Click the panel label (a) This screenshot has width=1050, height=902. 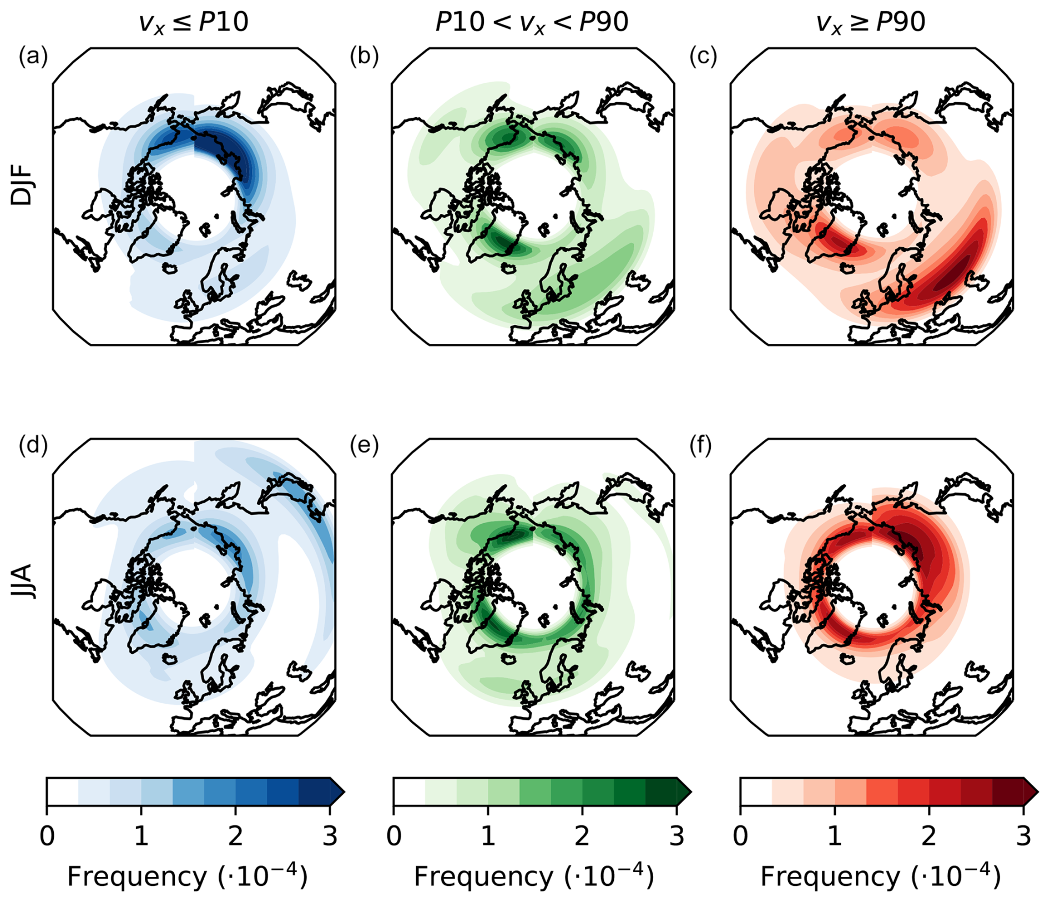[x=33, y=57]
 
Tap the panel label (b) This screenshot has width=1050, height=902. [x=364, y=57]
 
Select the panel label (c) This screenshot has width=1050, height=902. [x=703, y=57]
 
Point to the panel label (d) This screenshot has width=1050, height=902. [x=33, y=446]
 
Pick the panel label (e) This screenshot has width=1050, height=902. [x=364, y=446]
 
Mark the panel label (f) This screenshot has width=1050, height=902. [x=701, y=446]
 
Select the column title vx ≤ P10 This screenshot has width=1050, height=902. [x=193, y=23]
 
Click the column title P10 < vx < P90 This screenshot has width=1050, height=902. [x=531, y=23]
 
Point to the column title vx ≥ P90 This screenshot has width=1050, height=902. [x=870, y=23]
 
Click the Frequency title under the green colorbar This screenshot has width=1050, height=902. [x=533, y=877]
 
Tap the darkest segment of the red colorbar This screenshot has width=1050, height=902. [x=1007, y=791]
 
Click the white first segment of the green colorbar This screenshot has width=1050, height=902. [x=409, y=791]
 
